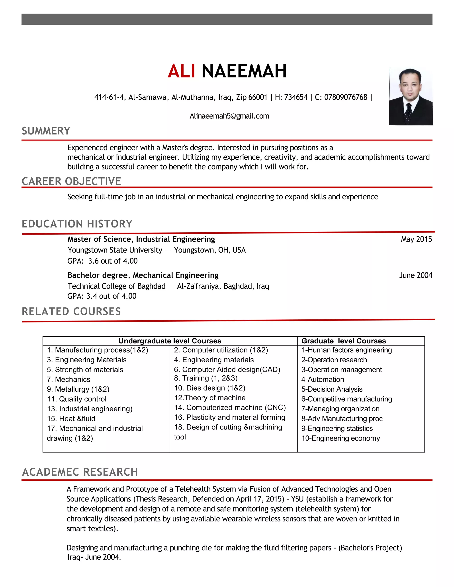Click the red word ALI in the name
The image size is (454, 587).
[x=181, y=71]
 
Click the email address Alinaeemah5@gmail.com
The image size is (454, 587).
[x=229, y=116]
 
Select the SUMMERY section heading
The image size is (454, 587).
[x=46, y=131]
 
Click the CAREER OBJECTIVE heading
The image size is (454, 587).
[x=71, y=181]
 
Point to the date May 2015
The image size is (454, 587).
[x=416, y=239]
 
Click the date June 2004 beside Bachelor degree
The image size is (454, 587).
[x=415, y=275]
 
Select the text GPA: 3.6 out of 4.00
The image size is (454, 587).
[x=102, y=261]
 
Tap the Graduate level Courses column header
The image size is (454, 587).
[x=343, y=341]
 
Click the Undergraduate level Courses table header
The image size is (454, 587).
[x=170, y=341]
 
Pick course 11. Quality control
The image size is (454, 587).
[x=77, y=399]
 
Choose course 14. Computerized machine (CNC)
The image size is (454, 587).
[x=230, y=407]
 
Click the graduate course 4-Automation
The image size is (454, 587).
[x=323, y=379]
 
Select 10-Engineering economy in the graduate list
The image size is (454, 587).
[x=340, y=438]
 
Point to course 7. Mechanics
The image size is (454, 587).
[x=68, y=379]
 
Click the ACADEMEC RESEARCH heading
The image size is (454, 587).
[x=80, y=472]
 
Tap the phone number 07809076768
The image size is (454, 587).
[x=345, y=97]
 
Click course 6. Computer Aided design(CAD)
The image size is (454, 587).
[x=227, y=369]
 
